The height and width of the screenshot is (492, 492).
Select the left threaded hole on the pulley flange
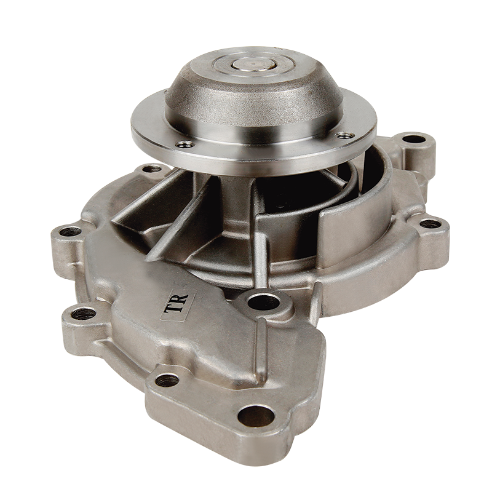point(185,144)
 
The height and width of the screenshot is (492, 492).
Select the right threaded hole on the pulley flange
point(345,135)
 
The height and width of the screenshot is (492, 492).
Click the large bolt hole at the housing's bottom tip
point(256,416)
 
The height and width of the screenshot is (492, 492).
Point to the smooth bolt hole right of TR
point(263,302)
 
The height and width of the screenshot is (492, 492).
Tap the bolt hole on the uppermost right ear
point(414,139)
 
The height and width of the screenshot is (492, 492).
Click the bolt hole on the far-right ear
point(430,224)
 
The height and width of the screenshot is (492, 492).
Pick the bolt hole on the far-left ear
point(70,232)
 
